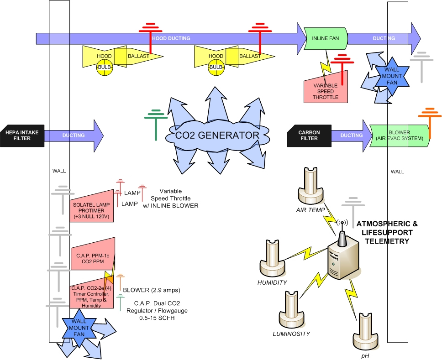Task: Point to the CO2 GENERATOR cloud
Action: pos(217,136)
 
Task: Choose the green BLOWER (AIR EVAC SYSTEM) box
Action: pos(400,135)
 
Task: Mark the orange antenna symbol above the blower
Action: pos(430,121)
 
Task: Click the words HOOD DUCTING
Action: pos(171,38)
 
